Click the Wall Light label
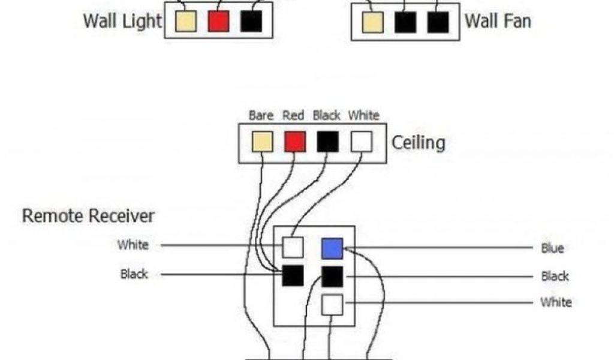122,21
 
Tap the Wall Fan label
498,21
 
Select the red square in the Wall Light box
218,22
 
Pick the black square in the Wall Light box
251,22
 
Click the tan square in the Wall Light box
186,22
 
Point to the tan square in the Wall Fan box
372,22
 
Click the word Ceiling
418,143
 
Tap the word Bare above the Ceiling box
261,115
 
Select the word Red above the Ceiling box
293,115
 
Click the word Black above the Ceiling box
326,115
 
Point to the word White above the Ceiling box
364,115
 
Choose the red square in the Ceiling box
294,142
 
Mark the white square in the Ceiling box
361,142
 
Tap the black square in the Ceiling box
327,142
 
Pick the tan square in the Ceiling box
262,142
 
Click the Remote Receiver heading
88,216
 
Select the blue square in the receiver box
332,248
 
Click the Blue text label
552,248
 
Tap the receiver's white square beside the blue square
293,247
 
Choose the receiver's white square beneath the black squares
332,305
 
